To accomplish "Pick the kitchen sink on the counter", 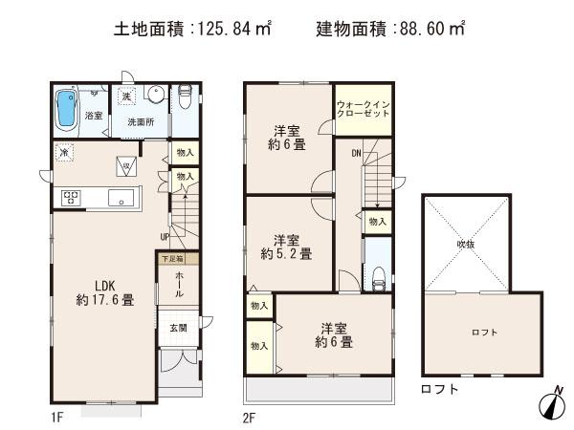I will coord(121,198).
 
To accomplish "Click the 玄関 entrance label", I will coord(179,328).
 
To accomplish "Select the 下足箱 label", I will coord(172,259).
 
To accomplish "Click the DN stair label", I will coord(356,153).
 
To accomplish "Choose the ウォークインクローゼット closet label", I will coord(363,108).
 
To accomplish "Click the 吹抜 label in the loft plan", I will coord(465,244).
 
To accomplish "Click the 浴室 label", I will coord(93,116).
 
